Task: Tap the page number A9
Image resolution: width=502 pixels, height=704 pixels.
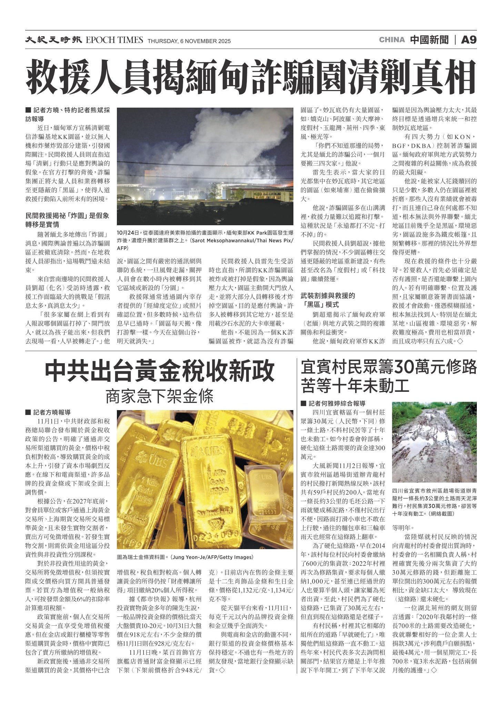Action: point(469,40)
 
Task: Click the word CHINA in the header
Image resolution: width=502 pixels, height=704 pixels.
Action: point(392,40)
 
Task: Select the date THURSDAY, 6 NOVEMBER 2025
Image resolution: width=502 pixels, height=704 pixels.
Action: point(189,41)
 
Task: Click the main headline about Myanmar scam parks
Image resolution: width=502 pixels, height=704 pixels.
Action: point(251,77)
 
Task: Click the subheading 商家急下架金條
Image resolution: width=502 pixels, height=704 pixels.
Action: point(160,396)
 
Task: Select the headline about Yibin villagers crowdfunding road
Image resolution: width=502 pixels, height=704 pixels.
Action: point(389,376)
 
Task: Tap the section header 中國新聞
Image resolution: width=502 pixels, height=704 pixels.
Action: point(429,40)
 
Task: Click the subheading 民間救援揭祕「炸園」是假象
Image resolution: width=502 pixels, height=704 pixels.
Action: point(68,220)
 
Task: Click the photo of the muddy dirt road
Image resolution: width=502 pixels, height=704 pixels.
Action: point(434,442)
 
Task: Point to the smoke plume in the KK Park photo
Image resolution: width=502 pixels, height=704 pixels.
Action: point(207,145)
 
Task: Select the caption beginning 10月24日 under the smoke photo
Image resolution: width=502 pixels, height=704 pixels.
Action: point(205,240)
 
